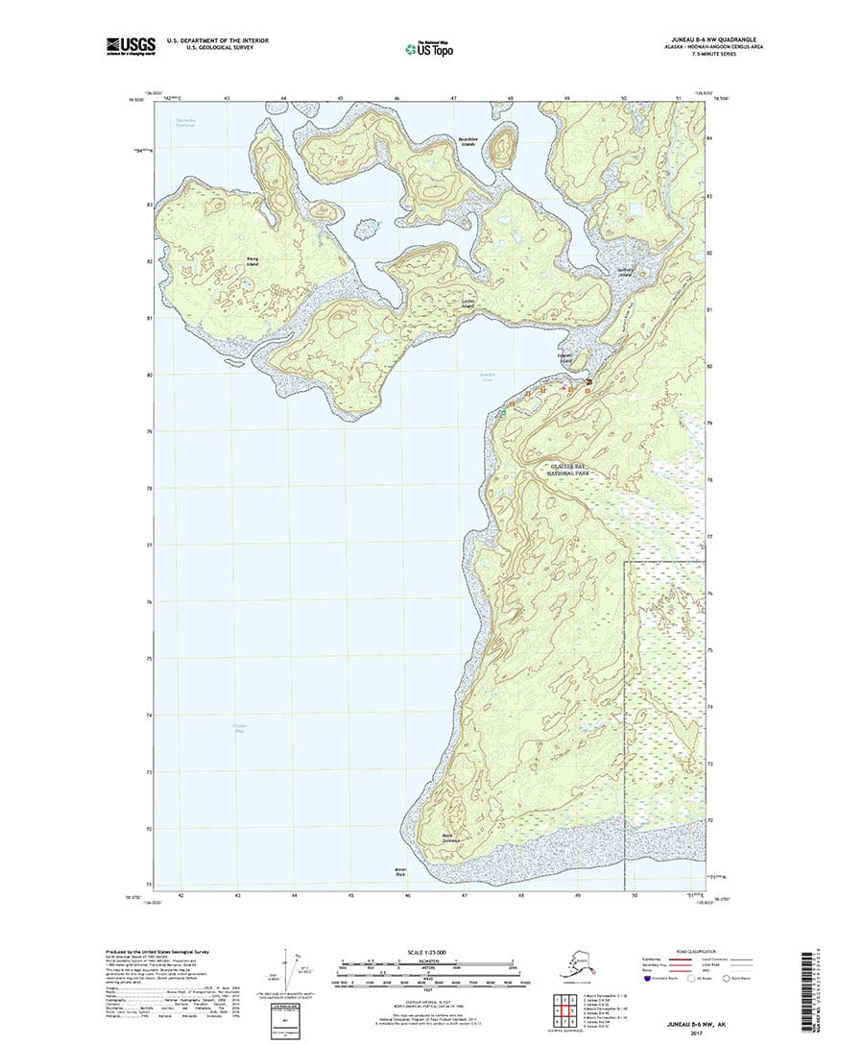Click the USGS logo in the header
[x=132, y=44]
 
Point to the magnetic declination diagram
[x=291, y=972]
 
